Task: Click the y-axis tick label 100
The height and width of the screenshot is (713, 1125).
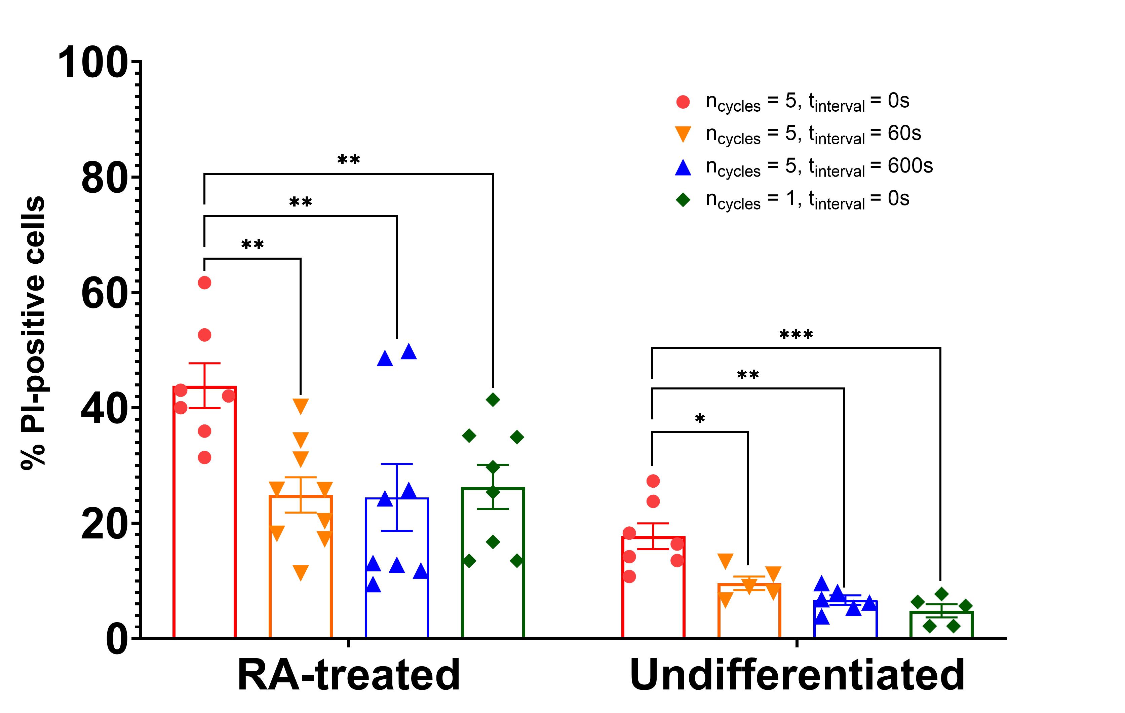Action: (x=92, y=63)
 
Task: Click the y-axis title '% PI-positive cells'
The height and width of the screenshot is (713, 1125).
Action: (x=33, y=332)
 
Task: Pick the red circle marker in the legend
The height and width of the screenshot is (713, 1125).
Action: (x=683, y=102)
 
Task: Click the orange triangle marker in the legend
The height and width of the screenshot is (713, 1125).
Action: (x=683, y=134)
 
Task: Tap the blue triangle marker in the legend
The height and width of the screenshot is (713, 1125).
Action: (x=683, y=167)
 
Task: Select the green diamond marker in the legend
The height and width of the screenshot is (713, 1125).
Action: (x=683, y=200)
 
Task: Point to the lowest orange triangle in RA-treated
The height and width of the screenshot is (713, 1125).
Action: (x=300, y=572)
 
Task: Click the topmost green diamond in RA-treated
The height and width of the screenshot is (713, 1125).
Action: (x=493, y=400)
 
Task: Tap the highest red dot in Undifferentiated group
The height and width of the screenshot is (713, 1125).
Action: (x=653, y=481)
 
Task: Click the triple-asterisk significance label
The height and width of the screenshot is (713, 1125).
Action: (x=796, y=335)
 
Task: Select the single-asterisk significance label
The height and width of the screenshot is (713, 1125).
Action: (x=699, y=419)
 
